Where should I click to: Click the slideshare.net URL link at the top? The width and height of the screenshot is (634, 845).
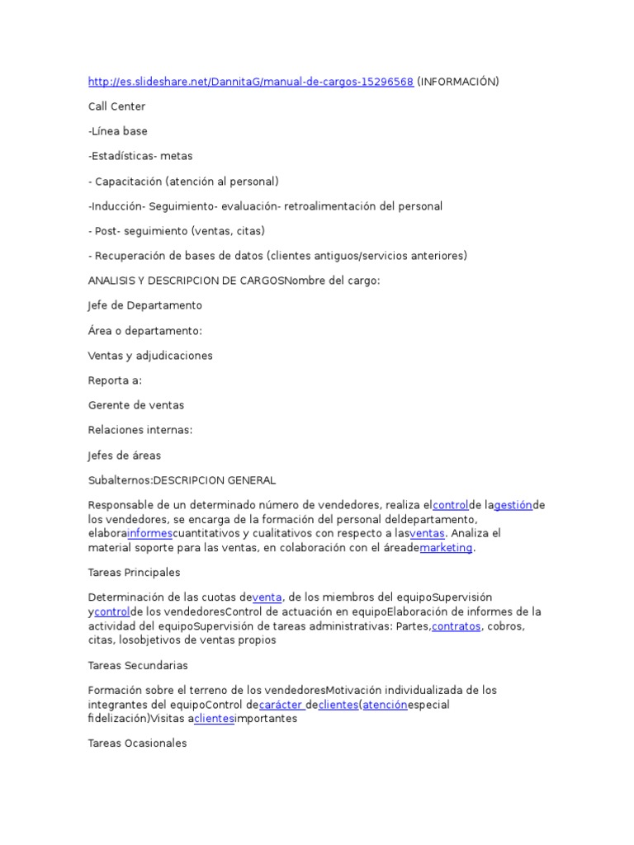point(250,81)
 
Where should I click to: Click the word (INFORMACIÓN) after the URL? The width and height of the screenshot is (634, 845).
point(458,81)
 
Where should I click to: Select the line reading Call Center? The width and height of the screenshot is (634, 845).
point(116,106)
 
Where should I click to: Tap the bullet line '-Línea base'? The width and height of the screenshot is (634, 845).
point(118,130)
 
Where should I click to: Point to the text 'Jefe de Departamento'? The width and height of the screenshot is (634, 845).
point(144,305)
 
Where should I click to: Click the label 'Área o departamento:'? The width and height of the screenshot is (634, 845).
point(144,330)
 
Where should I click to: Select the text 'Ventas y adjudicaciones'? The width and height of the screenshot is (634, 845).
point(150,356)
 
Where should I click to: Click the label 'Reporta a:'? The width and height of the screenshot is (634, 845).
point(115,380)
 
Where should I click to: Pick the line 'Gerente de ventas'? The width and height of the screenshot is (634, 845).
point(136,405)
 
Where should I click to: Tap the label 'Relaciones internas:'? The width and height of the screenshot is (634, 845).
point(140,430)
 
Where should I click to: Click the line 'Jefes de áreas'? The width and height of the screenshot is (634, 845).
point(125,455)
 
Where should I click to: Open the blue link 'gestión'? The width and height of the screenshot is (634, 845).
point(513,505)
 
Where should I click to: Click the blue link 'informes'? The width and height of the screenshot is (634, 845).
point(149,533)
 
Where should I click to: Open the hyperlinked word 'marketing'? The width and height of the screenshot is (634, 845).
point(447,548)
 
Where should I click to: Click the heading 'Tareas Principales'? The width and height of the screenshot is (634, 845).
point(134,572)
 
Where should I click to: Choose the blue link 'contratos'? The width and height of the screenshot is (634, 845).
point(456,626)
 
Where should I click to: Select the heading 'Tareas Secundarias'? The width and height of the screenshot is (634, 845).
point(138,664)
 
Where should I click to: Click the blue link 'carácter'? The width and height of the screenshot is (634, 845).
point(281,705)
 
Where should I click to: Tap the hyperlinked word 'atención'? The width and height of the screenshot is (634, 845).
point(385,705)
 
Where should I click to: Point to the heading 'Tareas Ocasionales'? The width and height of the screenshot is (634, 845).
point(138,743)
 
